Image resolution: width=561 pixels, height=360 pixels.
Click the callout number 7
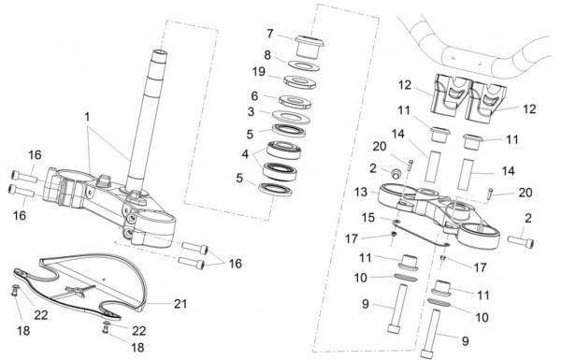(270, 34)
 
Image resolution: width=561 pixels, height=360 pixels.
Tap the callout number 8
(267, 55)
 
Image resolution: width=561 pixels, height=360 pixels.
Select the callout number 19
(259, 72)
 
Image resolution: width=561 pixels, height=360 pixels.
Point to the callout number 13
(361, 193)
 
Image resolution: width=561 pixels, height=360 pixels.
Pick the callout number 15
(368, 218)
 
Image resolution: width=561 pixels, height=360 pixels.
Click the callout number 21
(180, 304)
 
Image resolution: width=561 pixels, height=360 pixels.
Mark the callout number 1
(87, 117)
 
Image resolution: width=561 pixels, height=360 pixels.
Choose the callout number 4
(245, 154)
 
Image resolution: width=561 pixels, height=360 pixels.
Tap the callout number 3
(252, 111)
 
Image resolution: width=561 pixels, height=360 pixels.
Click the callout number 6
(254, 96)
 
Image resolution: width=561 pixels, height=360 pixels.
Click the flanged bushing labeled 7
(309, 46)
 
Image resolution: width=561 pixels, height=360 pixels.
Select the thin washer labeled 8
(303, 65)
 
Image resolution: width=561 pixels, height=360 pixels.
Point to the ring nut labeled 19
(300, 82)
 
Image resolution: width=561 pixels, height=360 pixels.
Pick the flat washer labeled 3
(291, 117)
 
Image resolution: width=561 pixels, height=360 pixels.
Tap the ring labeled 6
(295, 102)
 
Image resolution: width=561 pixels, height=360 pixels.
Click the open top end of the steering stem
(160, 53)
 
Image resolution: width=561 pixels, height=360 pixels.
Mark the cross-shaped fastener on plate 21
(79, 291)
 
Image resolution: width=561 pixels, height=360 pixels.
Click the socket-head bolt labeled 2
(521, 241)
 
